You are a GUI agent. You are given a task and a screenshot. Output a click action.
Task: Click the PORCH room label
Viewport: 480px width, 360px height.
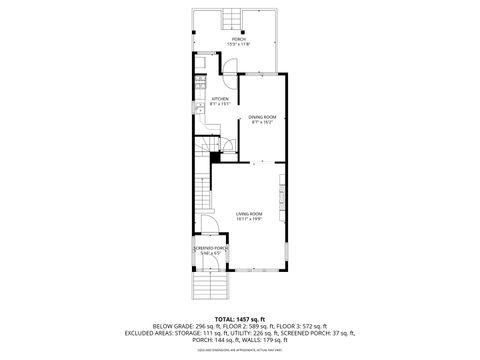pyautogui.click(x=239, y=39)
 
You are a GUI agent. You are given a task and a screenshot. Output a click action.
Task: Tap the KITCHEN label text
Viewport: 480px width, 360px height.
pyautogui.click(x=220, y=99)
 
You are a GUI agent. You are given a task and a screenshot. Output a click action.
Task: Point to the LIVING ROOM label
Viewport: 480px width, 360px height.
pyautogui.click(x=248, y=213)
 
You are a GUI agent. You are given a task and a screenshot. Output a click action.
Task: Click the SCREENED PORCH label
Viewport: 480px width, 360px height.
pyautogui.click(x=210, y=248)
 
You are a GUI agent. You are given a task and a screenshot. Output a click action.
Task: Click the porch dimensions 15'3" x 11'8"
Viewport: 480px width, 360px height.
pyautogui.click(x=239, y=45)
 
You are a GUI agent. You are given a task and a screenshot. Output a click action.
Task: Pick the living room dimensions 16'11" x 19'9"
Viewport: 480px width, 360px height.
pyautogui.click(x=248, y=219)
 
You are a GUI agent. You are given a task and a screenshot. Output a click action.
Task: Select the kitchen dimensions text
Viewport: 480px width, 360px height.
pyautogui.click(x=220, y=105)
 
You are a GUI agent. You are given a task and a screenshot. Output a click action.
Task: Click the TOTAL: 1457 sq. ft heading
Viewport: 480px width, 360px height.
pyautogui.click(x=240, y=318)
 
